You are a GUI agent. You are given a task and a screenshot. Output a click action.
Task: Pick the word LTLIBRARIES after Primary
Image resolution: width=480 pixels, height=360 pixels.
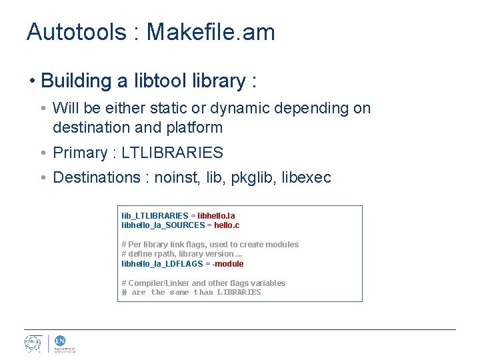[173, 153]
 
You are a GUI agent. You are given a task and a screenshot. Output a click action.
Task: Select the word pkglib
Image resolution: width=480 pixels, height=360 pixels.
[254, 177]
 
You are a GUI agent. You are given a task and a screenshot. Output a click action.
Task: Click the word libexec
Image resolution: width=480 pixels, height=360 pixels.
[307, 177]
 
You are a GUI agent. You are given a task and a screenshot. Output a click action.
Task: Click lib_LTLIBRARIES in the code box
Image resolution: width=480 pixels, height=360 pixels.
[155, 216]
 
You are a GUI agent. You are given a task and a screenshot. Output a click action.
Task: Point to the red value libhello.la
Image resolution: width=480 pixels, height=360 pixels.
[216, 216]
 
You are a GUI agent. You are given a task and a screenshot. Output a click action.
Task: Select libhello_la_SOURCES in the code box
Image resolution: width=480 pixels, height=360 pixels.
[163, 225]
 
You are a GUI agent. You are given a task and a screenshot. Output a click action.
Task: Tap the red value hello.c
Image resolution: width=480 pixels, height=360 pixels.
[227, 225]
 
